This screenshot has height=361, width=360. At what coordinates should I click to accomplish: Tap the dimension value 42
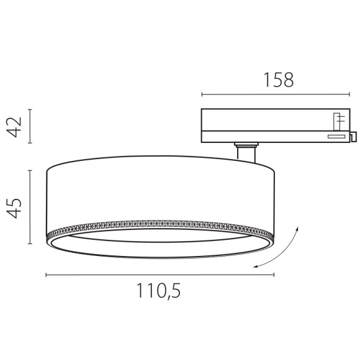[x=17, y=127]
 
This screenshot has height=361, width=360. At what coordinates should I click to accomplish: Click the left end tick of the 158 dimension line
[x=202, y=94]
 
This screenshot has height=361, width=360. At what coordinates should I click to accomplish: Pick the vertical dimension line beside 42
[x=30, y=127]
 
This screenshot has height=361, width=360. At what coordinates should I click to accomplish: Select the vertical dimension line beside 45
[x=30, y=207]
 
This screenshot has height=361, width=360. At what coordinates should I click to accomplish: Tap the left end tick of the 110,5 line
[x=47, y=274]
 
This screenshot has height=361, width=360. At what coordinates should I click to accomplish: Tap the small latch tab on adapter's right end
[x=353, y=136]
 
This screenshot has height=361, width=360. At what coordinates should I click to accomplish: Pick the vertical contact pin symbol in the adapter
[x=338, y=120]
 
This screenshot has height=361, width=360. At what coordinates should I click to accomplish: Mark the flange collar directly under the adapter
[x=246, y=145]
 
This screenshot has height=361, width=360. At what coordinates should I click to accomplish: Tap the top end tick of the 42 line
[x=30, y=110]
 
